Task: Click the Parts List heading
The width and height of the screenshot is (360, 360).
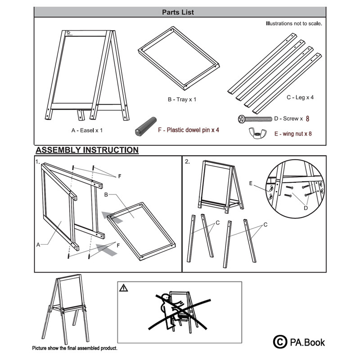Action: pos(178,12)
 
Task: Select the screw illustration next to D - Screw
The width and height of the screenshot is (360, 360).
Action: pos(255,119)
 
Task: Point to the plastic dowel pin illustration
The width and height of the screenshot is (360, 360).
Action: pos(146,126)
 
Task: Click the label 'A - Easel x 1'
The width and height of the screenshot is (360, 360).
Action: pos(87,130)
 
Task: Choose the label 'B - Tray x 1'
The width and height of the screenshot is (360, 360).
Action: pos(182,99)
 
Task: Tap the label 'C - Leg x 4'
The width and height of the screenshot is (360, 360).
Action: pos(300,97)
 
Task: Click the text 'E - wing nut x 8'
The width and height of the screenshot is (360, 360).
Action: pos(293,134)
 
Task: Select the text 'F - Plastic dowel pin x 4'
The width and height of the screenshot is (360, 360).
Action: pos(189,130)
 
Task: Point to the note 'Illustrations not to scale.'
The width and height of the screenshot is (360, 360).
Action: pos(294,23)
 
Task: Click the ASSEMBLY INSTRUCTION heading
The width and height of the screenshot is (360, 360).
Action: pos(87,150)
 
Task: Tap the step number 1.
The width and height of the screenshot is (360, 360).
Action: pos(37,162)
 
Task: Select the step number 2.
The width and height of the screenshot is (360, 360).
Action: pos(187,162)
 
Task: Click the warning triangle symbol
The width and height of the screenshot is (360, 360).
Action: pos(123,288)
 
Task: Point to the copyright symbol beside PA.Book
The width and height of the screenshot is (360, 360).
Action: pos(280,342)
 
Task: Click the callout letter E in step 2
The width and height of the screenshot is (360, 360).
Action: pos(251,183)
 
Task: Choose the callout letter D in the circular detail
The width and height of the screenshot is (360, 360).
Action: pos(306,208)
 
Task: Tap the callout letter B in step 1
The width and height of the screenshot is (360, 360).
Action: pos(106,195)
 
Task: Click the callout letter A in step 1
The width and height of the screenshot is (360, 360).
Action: pos(38,245)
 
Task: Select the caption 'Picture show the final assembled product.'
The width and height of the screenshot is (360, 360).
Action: pos(75,348)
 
